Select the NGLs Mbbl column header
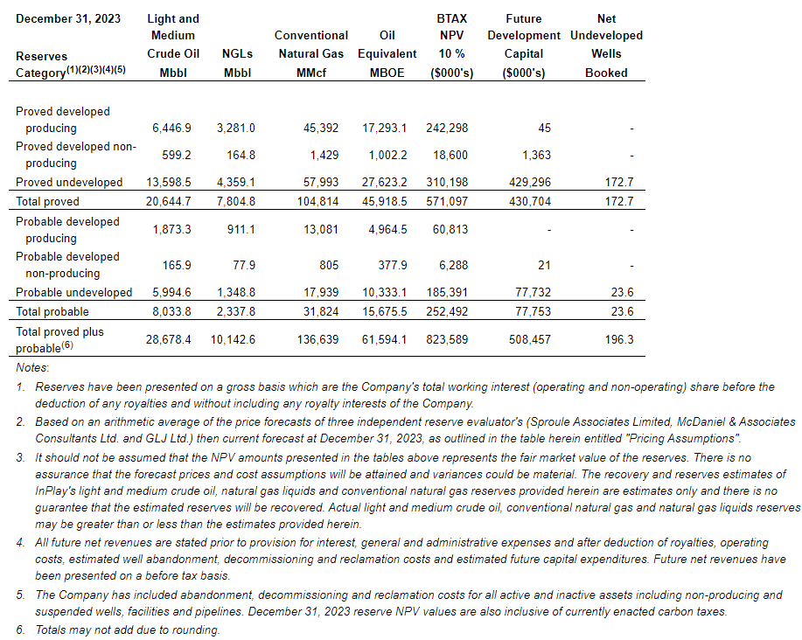click(236, 63)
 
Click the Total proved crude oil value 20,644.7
click(176, 201)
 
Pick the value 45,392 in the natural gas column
click(320, 128)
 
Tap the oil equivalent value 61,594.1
click(384, 338)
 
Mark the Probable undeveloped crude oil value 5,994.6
click(176, 292)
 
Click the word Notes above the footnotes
click(32, 369)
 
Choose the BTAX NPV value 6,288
click(452, 265)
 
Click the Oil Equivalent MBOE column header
click(387, 54)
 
